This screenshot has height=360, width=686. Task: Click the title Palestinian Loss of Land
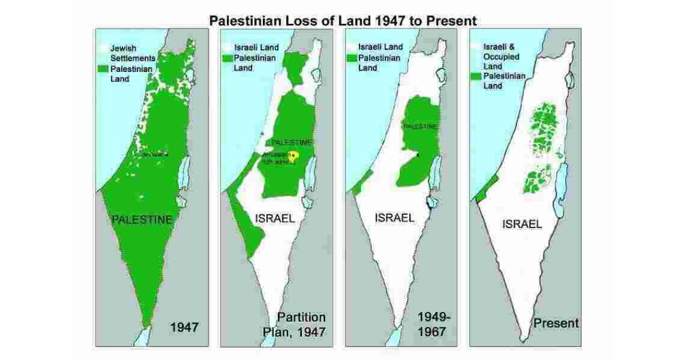(x=342, y=21)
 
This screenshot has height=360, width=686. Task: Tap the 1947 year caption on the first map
(x=185, y=327)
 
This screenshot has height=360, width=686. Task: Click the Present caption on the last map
(x=556, y=323)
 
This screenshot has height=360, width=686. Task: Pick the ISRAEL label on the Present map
(x=521, y=224)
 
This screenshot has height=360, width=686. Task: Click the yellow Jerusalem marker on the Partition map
(x=294, y=155)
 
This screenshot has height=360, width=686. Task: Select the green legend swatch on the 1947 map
(x=103, y=69)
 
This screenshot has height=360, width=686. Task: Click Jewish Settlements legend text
(x=133, y=53)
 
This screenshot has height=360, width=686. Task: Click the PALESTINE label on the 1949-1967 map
(x=420, y=126)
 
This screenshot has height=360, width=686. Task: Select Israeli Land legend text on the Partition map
(x=257, y=47)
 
